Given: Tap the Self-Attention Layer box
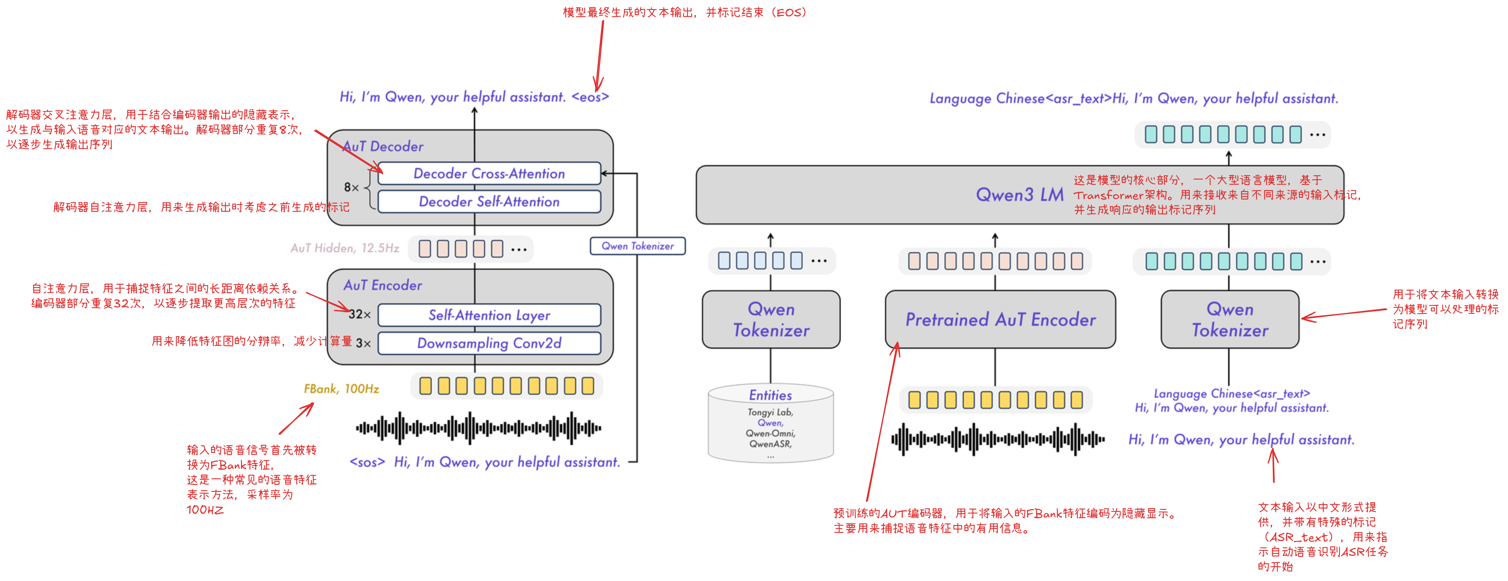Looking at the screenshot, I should pos(489,315).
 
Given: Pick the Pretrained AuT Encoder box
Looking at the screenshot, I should pos(1000,320).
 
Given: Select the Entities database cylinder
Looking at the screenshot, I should pos(770,421).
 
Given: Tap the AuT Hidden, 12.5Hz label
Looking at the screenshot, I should pos(345,248).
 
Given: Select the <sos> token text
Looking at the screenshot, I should pos(367,462).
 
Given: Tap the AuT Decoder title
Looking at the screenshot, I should pos(383,146).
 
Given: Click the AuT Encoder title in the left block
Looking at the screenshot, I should pos(383,285).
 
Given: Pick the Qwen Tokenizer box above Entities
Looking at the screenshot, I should pos(771,320).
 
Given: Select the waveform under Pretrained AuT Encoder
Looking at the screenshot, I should pos(998,439).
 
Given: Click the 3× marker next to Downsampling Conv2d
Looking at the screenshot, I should pos(363,343).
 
